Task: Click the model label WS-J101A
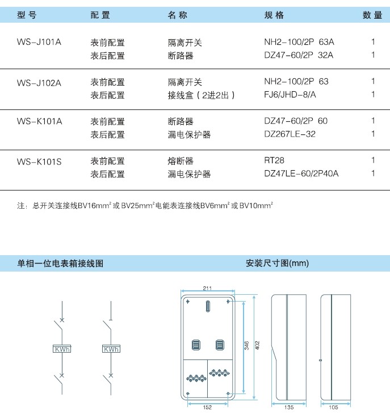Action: tap(39, 42)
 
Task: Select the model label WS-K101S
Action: tap(39, 162)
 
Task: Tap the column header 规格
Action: tap(274, 15)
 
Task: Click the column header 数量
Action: tap(372, 15)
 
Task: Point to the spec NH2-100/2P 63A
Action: tap(299, 42)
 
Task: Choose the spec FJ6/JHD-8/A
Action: tap(290, 95)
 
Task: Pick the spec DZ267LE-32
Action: tap(290, 134)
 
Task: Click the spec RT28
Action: tap(274, 160)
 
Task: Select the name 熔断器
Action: tap(181, 161)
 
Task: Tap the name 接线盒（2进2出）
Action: tap(201, 95)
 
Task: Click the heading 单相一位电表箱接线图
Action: tap(60, 264)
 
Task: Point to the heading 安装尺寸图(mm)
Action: tap(278, 263)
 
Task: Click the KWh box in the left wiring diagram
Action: tap(62, 349)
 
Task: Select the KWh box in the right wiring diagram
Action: tap(111, 349)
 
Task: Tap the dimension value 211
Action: tap(207, 289)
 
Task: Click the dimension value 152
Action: tap(207, 407)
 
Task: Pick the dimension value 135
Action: tap(289, 407)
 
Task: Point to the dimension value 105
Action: tap(333, 407)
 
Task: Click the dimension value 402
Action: tap(257, 345)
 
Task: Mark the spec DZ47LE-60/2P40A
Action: tap(301, 173)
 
